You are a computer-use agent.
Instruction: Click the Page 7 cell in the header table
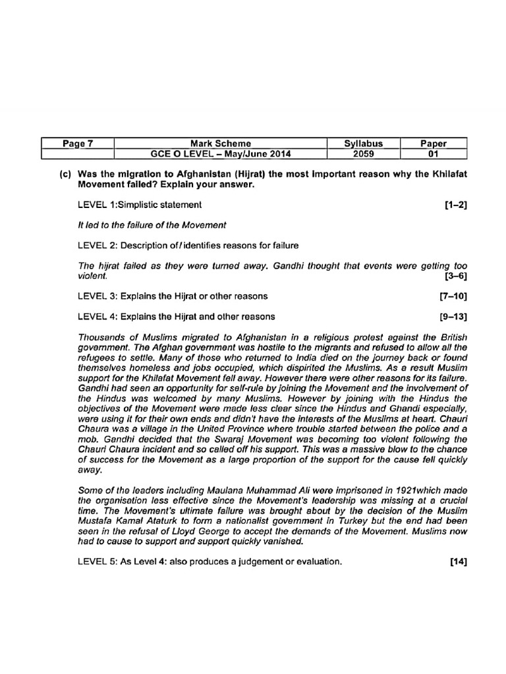[77, 143]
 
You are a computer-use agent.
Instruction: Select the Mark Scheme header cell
[220, 143]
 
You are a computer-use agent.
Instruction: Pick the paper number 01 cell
[433, 155]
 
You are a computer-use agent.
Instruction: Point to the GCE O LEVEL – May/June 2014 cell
[220, 155]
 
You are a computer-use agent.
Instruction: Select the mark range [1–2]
[456, 205]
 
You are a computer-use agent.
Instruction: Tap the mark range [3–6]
[456, 276]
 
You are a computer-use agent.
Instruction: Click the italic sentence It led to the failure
[152, 225]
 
